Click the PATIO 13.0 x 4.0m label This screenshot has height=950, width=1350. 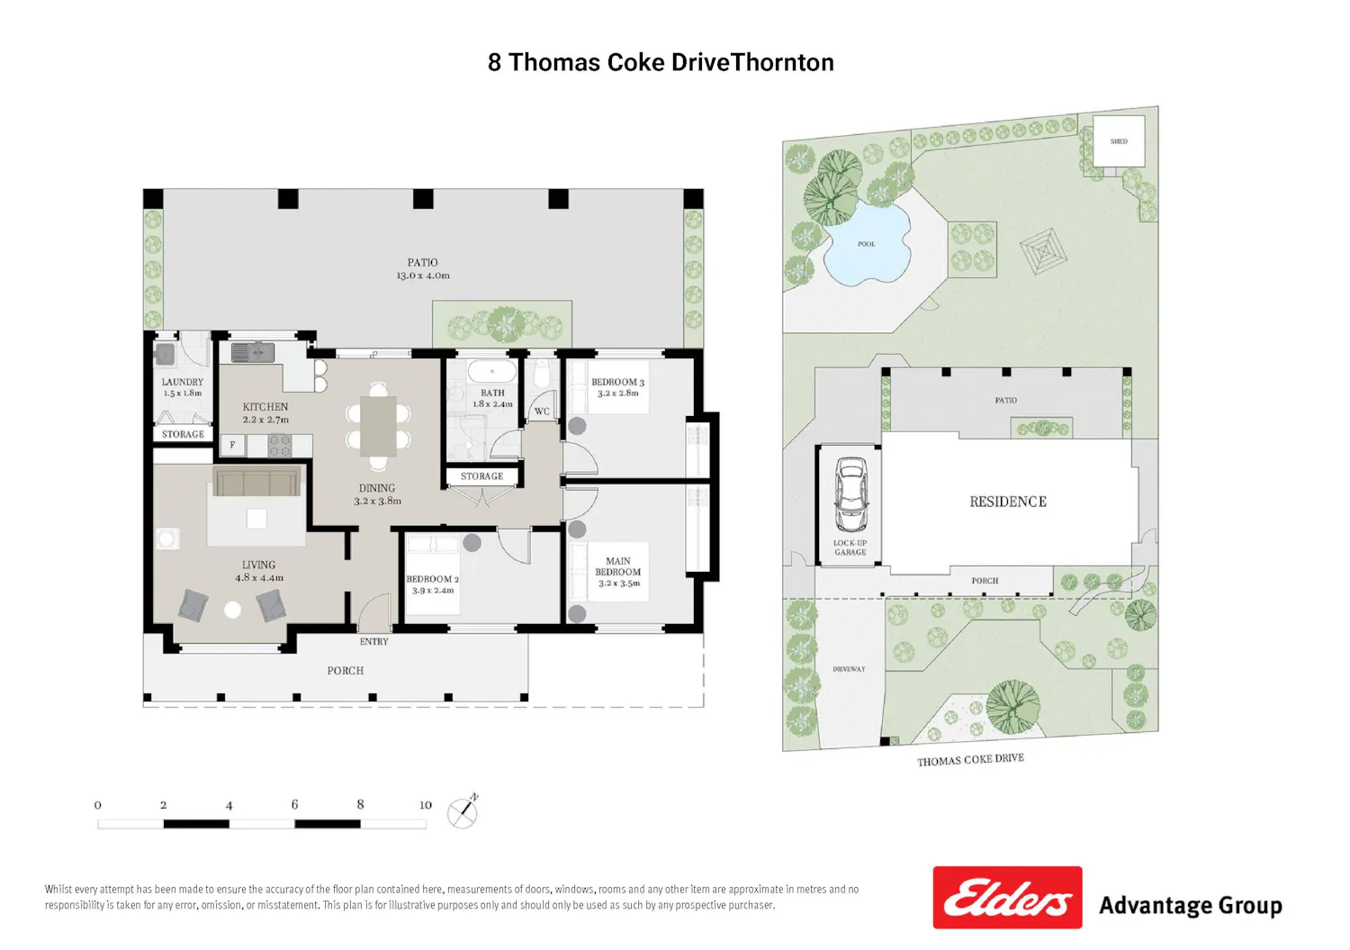click(x=422, y=269)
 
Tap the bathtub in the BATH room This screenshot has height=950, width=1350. click(x=492, y=371)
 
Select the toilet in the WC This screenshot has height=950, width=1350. click(x=541, y=374)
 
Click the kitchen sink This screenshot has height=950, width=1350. click(x=253, y=352)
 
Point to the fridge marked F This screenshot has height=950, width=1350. click(x=232, y=445)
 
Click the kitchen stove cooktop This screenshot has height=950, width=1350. click(x=280, y=446)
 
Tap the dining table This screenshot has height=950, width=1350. click(x=379, y=426)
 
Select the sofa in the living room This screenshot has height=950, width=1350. click(x=256, y=481)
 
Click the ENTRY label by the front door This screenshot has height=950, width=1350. click(x=374, y=642)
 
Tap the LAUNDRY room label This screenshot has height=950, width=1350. click(x=183, y=382)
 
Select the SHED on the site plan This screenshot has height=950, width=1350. click(x=1119, y=141)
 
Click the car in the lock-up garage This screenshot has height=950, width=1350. click(x=850, y=494)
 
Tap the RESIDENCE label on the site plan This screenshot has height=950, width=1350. click(x=1008, y=502)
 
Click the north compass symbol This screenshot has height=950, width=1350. click(x=463, y=812)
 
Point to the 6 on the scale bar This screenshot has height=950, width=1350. click(x=294, y=804)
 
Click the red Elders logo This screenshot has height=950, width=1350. click(x=1007, y=898)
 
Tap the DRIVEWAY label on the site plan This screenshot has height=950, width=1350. click(x=849, y=669)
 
